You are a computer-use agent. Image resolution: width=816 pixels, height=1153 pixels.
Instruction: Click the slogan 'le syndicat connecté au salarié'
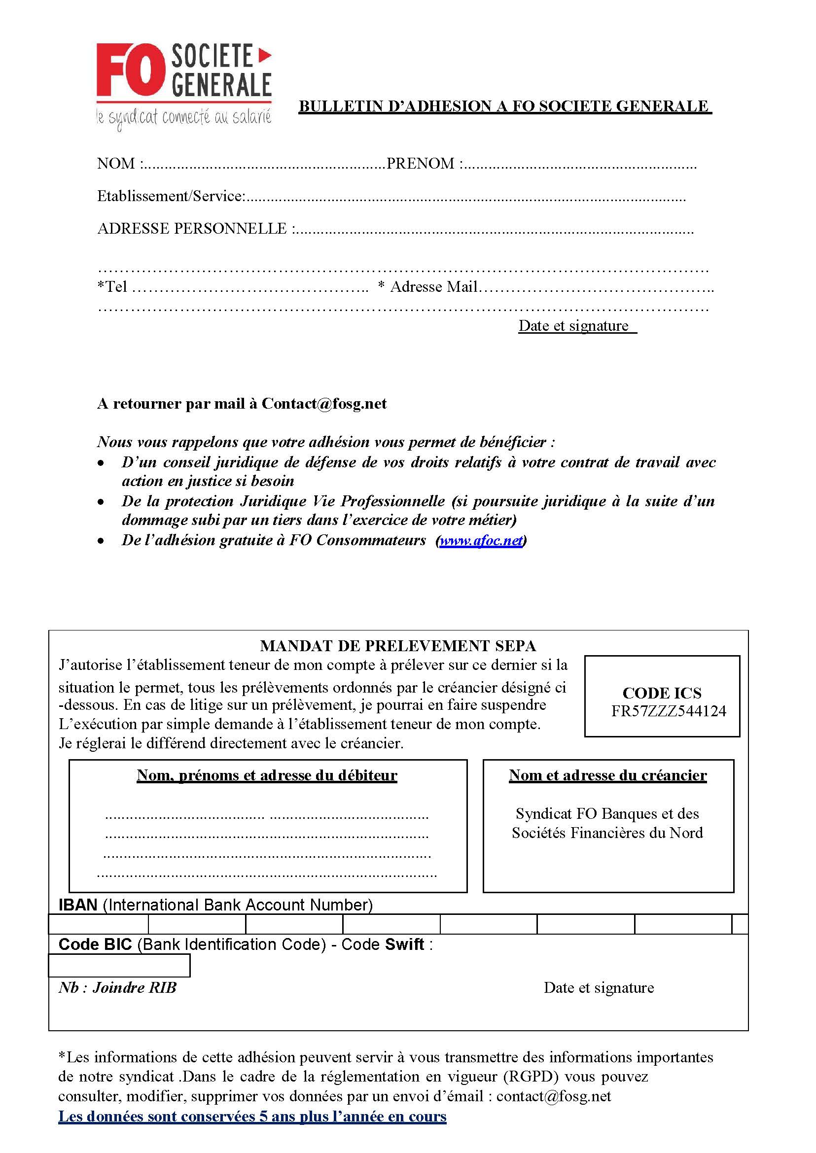point(184,119)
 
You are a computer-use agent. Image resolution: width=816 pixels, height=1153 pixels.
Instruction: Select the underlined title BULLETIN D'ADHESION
point(504,106)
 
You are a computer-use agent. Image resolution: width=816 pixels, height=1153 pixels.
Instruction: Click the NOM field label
point(116,164)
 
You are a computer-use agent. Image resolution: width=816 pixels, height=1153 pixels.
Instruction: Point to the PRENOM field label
point(421,164)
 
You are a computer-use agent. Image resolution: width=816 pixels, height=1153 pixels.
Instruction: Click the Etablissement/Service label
point(171,196)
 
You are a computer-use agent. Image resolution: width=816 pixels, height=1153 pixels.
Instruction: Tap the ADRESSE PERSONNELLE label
point(192,229)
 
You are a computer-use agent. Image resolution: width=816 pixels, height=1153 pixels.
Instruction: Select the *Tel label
point(112,287)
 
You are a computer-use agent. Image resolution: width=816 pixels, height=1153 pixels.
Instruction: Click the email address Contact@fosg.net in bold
point(324,404)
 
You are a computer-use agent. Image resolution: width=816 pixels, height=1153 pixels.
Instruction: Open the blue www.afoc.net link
point(481,541)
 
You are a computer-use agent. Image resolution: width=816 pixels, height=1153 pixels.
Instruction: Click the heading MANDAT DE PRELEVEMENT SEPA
point(398,646)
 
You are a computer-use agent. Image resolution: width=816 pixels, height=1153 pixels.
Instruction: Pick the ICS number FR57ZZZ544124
point(668,711)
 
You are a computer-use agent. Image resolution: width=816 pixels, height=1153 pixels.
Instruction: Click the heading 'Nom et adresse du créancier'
point(607,775)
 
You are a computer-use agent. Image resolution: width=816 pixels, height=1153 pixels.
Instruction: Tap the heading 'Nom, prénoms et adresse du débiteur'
point(267,775)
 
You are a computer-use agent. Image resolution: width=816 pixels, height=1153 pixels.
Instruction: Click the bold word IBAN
point(78,905)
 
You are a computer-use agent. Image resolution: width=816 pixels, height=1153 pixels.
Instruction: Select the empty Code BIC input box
point(119,966)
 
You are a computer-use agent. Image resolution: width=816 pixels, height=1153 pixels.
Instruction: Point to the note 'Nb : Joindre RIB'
point(117,988)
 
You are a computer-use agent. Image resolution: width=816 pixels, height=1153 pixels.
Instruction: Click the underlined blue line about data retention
point(252,1117)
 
